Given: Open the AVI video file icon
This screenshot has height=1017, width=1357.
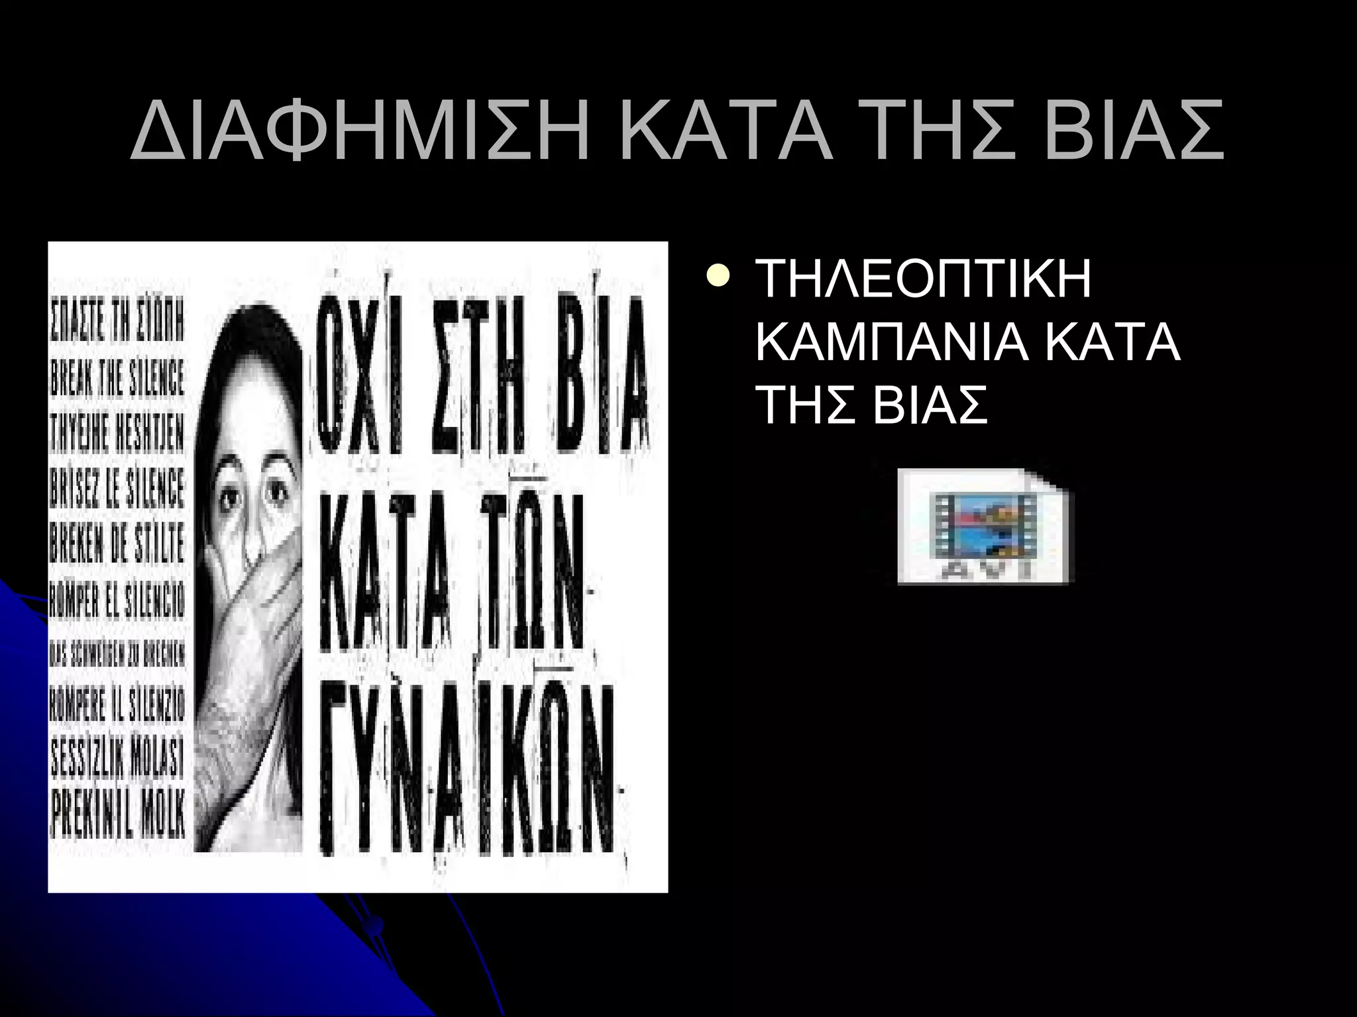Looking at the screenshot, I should click(985, 527).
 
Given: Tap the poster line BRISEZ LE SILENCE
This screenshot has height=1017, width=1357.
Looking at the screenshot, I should click(117, 489).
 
